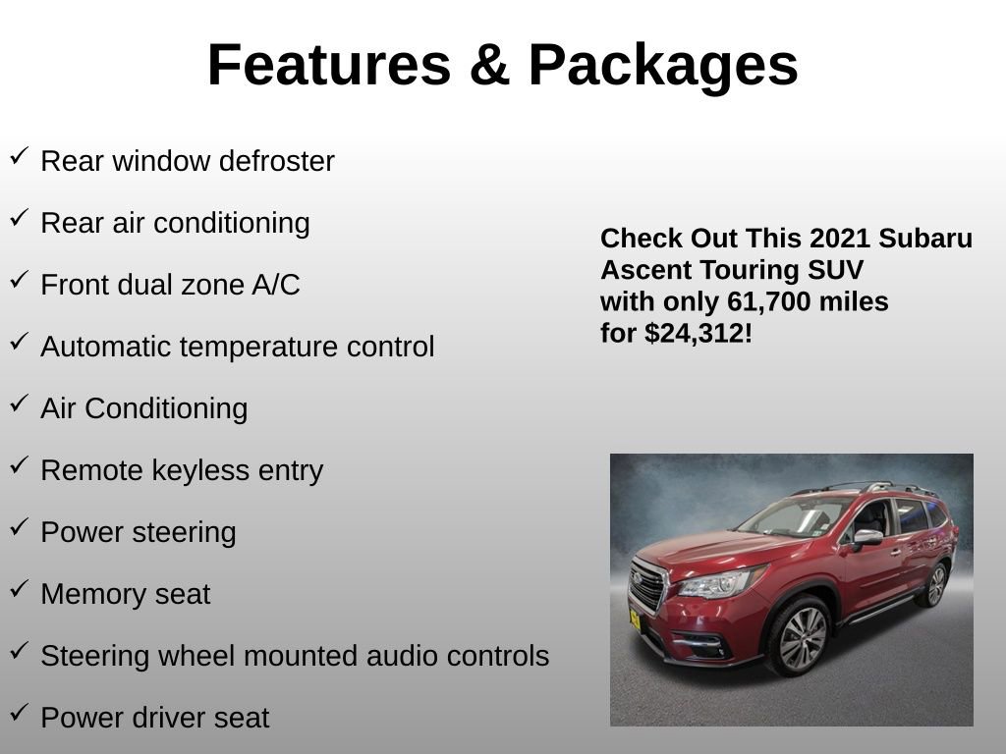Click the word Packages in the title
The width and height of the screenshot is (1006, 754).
coord(663,66)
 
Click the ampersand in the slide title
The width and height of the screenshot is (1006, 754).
coord(488,66)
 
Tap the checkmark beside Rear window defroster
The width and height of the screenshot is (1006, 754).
coord(19,156)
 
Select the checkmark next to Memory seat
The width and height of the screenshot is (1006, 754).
coord(19,589)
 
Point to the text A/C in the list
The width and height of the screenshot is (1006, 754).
coord(276,285)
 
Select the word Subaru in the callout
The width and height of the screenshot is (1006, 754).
coord(926,239)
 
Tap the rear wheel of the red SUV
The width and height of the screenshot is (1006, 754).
coord(934,586)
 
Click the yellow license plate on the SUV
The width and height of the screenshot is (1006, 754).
coord(635,619)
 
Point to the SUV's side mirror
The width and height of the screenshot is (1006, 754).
coord(866,537)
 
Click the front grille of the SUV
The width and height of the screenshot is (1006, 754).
coord(646,586)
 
